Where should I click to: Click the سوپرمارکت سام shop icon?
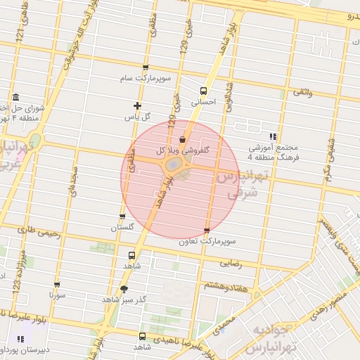coord(146,68)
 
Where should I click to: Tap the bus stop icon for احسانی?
coord(203,91)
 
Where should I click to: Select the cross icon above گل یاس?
coord(138,106)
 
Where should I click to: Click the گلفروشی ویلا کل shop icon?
coord(183,139)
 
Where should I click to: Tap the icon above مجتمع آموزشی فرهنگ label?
coord(273,136)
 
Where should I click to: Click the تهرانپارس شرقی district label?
coord(240,184)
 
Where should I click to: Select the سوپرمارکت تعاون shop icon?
coord(206,231)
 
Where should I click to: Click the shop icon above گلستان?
coord(122,217)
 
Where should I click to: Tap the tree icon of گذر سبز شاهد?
coord(124,288)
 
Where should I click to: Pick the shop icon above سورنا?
coord(57,285)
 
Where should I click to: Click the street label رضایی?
coord(232,264)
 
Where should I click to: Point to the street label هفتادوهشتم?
coord(224,285)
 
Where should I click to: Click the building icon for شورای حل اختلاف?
coord(15,98)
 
